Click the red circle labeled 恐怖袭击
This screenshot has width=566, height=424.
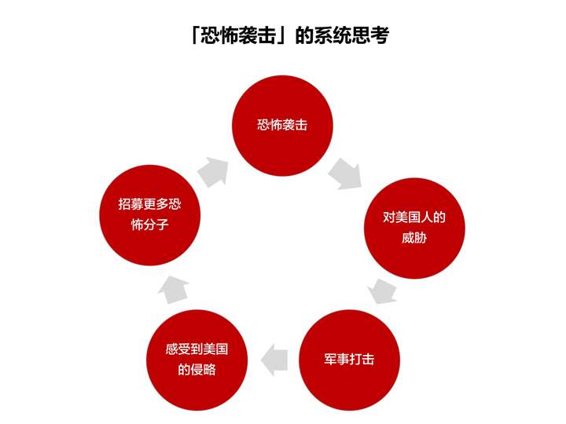tap(282, 126)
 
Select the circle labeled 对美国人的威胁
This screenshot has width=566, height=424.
tap(414, 228)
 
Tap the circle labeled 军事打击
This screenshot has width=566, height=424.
tap(349, 360)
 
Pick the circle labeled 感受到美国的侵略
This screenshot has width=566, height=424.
tap(197, 360)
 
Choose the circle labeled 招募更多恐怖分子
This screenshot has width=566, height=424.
tap(150, 215)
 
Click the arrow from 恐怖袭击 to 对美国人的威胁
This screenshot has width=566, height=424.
tap(345, 174)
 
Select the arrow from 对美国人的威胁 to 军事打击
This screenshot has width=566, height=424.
tap(382, 291)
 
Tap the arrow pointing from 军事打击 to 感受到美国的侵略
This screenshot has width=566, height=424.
tap(274, 360)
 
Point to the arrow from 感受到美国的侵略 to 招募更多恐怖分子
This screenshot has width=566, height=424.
tap(174, 290)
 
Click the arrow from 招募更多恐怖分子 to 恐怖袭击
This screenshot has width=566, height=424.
tap(214, 172)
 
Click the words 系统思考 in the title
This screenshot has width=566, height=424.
tap(351, 35)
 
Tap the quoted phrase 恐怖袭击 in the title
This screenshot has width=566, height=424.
tap(238, 35)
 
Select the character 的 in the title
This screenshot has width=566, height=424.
tap(304, 35)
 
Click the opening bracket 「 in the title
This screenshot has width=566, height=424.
tap(195, 35)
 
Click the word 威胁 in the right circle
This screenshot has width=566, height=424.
tap(414, 238)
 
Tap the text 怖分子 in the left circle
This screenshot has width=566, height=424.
tap(150, 225)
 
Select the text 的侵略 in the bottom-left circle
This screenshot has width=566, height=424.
tap(197, 370)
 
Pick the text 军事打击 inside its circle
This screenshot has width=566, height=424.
tap(349, 359)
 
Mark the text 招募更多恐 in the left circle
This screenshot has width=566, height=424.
tap(150, 204)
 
